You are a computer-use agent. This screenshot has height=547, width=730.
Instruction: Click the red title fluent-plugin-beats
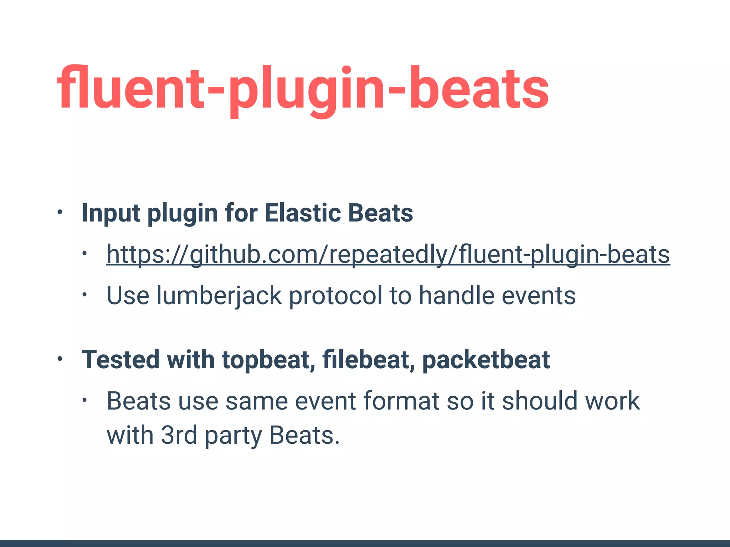point(303,89)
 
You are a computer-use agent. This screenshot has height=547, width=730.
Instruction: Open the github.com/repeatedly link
point(388,254)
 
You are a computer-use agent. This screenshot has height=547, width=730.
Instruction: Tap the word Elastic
point(303,213)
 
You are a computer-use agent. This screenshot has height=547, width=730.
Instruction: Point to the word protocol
point(335,296)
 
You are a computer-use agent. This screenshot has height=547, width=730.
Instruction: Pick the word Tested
point(120,360)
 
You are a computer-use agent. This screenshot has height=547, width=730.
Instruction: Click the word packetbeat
point(486,360)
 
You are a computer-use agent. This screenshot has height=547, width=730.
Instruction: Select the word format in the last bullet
point(401,401)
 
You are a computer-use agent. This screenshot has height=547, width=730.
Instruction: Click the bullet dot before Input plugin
point(60,213)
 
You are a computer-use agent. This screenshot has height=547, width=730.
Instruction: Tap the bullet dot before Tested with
point(60,359)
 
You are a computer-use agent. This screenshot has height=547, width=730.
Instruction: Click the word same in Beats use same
point(256,401)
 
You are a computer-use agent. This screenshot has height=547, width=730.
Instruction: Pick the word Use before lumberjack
point(128,296)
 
